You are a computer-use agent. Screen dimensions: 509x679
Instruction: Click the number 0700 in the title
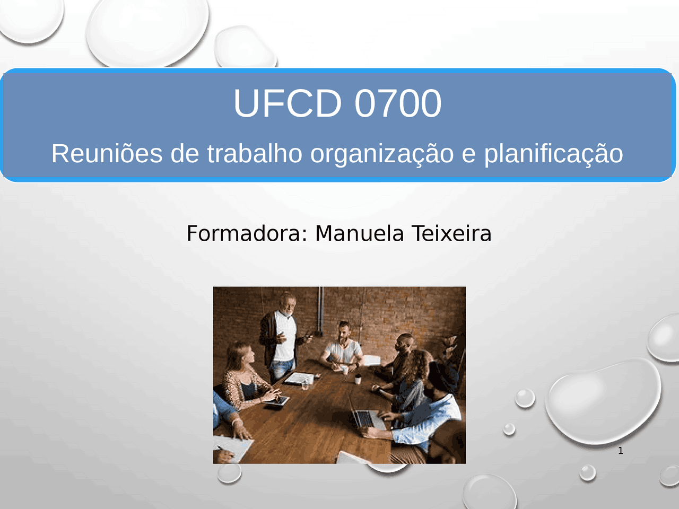click(398, 103)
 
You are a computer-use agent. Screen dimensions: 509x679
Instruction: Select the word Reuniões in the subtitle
click(107, 154)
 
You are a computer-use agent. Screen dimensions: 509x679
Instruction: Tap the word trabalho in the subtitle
click(255, 154)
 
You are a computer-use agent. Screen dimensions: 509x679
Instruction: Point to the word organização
click(382, 154)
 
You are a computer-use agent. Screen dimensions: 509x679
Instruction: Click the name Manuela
click(360, 233)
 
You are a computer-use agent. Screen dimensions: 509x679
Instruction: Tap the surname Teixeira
click(451, 233)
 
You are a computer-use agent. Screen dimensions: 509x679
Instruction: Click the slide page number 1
click(621, 451)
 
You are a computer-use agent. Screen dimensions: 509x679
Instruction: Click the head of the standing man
click(288, 304)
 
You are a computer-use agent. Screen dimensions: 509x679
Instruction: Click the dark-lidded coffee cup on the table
click(358, 379)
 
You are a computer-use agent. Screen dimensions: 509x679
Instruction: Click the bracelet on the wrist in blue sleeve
click(236, 422)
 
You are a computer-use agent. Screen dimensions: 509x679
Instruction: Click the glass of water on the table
click(305, 384)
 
